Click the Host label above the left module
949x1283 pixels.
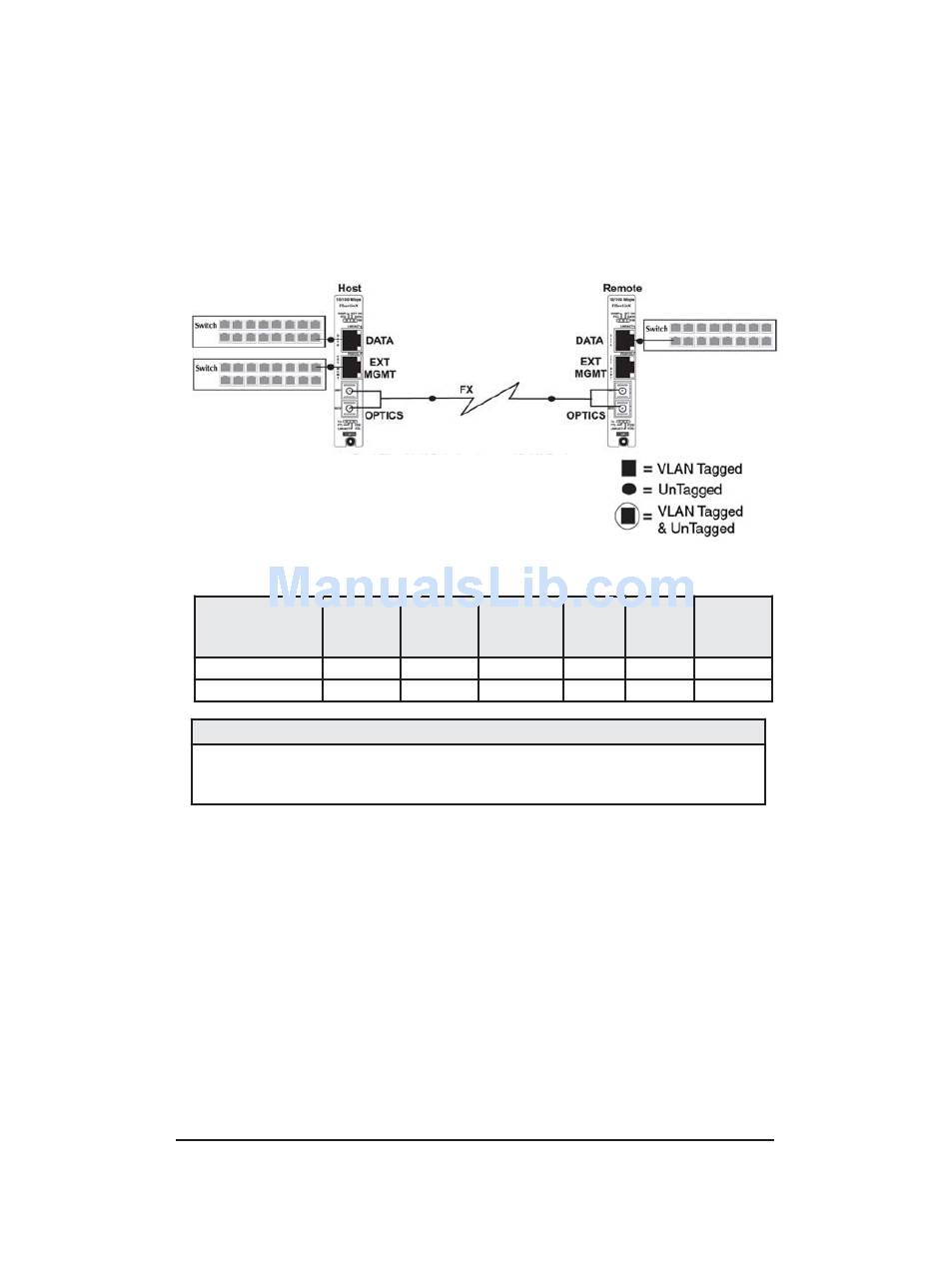[x=350, y=288]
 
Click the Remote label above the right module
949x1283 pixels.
[x=621, y=288]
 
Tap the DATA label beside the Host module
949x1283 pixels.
[x=381, y=341]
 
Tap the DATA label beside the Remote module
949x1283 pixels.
[x=589, y=341]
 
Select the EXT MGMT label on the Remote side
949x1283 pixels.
[x=589, y=368]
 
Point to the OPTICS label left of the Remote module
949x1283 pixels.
[x=585, y=415]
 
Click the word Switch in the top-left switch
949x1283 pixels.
[x=207, y=326]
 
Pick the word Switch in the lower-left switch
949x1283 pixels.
[x=207, y=369]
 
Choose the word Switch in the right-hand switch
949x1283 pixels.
[x=656, y=329]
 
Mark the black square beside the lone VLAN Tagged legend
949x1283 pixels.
[x=629, y=469]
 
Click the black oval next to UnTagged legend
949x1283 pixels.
[x=629, y=490]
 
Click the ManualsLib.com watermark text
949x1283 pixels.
[x=481, y=588]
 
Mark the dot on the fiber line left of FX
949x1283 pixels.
[x=432, y=398]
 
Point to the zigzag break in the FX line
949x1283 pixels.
[x=490, y=398]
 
